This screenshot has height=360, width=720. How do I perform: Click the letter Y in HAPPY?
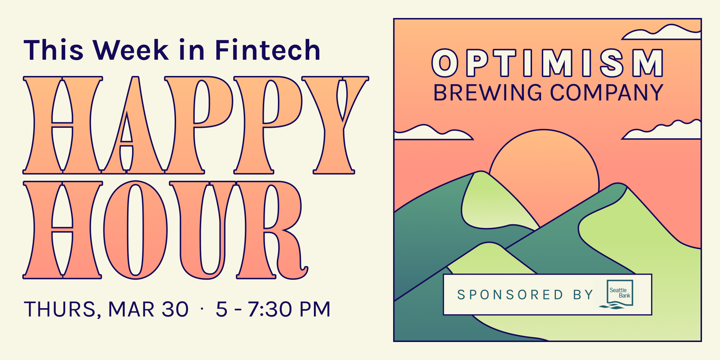point(335,125)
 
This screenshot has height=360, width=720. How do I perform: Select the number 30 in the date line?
point(175,309)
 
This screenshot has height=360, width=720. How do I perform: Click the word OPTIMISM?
point(548,63)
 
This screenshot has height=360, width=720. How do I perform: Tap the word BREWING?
point(488,93)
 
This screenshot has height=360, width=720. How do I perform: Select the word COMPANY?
point(607,93)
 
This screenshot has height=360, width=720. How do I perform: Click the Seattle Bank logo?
point(616,294)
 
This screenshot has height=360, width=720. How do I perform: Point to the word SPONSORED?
point(510,295)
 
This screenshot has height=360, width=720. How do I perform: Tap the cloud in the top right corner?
point(662,32)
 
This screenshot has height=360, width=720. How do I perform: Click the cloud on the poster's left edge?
point(432,132)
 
